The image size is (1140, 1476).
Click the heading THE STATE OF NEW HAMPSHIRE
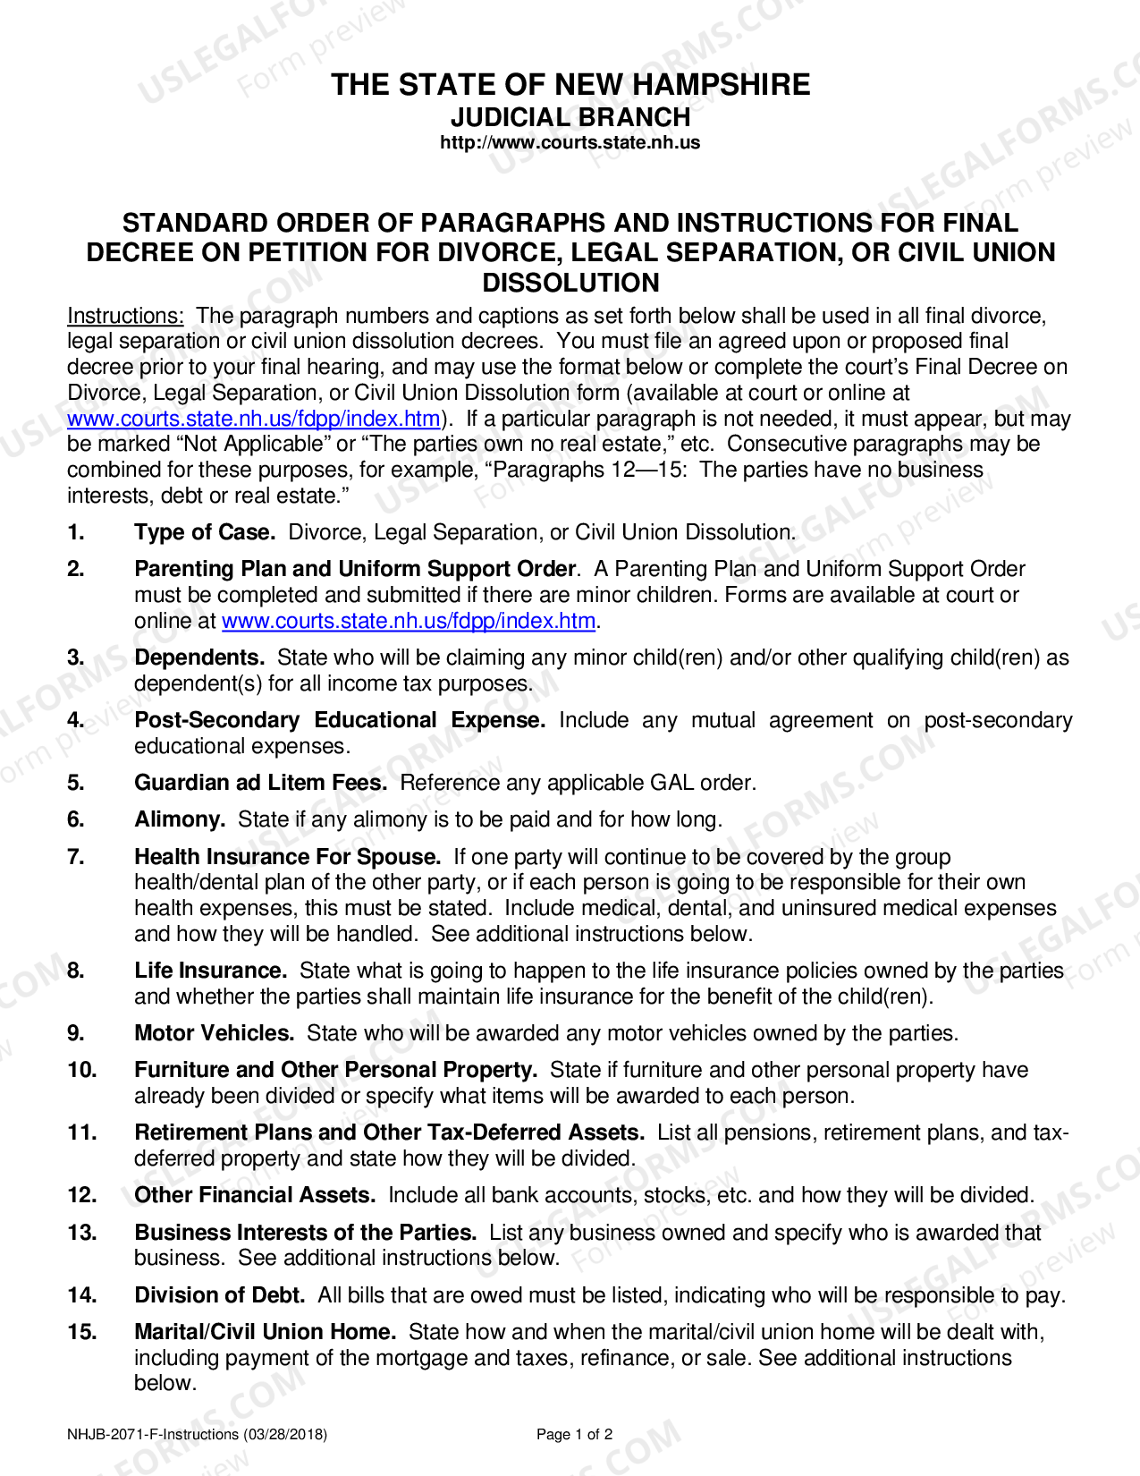pyautogui.click(x=570, y=85)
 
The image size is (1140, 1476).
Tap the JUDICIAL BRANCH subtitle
pyautogui.click(x=570, y=118)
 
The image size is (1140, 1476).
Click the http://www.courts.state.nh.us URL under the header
pyautogui.click(x=570, y=143)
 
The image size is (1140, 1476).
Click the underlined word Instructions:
pyautogui.click(x=125, y=316)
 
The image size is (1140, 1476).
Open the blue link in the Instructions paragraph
pyautogui.click(x=254, y=419)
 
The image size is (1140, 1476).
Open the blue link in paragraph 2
pyautogui.click(x=409, y=621)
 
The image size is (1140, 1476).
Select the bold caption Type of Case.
pyautogui.click(x=205, y=532)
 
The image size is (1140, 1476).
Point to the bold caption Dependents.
pyautogui.click(x=199, y=657)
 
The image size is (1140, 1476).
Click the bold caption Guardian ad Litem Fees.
pyautogui.click(x=260, y=783)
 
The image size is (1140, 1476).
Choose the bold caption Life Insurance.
pyautogui.click(x=210, y=971)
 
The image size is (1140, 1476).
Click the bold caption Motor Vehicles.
pyautogui.click(x=214, y=1033)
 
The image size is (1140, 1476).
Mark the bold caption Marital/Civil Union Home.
pyautogui.click(x=265, y=1332)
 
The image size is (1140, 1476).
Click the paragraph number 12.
pyautogui.click(x=81, y=1195)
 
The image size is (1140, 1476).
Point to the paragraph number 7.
pyautogui.click(x=76, y=857)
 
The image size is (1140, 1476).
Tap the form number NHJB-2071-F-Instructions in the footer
pyautogui.click(x=197, y=1435)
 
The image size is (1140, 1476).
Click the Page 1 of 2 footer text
pyautogui.click(x=574, y=1435)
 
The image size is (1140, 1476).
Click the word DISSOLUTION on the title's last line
pyautogui.click(x=570, y=283)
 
